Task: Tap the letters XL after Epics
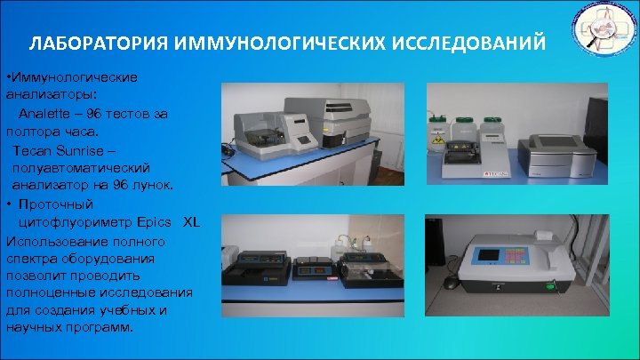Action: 191,221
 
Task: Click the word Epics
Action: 150,221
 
